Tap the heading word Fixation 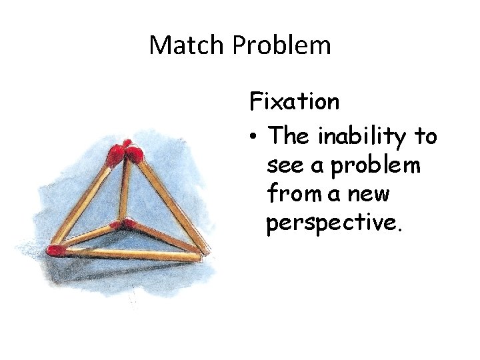click(294, 102)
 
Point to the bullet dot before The click(254, 137)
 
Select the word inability click(364, 137)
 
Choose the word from click(294, 195)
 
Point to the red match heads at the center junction click(120, 223)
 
